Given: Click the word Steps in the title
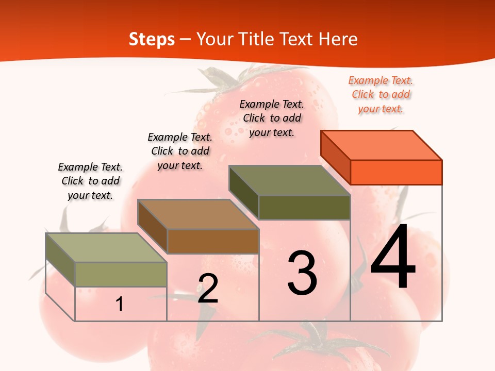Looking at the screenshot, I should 152,39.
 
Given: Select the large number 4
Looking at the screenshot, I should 393,258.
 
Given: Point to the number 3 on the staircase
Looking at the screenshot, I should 302,273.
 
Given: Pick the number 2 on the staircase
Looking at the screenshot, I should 208,289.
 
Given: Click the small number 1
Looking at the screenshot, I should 120,305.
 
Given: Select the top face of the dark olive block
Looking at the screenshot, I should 290,180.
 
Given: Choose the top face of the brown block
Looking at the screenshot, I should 198,214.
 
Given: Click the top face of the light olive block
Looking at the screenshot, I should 106,248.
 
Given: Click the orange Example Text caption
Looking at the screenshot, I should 381,94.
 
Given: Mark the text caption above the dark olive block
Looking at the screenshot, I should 272,118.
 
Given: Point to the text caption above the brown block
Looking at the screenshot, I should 180,151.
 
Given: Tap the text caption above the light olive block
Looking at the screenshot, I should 90,181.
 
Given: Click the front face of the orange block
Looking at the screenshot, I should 396,172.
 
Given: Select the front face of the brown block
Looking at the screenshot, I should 212,241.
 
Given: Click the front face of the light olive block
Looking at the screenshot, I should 121,275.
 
